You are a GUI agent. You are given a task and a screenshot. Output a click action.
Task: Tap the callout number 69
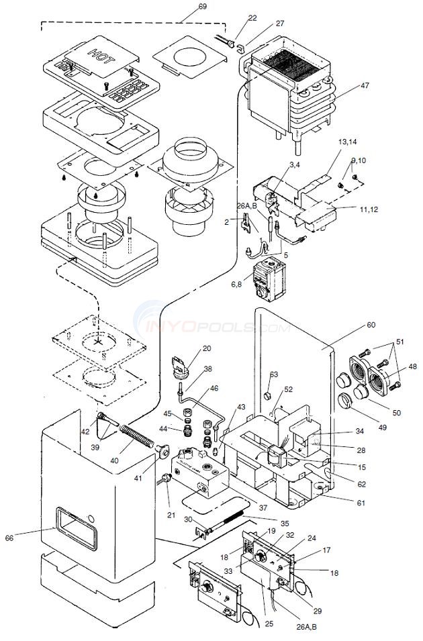point(184,6)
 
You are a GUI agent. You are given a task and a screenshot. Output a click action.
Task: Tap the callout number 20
point(206,348)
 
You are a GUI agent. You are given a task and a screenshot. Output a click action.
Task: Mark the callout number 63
point(274,375)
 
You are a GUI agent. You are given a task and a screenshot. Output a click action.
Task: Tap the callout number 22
point(233,17)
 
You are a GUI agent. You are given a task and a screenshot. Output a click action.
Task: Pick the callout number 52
point(288,389)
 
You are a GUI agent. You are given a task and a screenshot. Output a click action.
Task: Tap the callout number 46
point(214,388)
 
